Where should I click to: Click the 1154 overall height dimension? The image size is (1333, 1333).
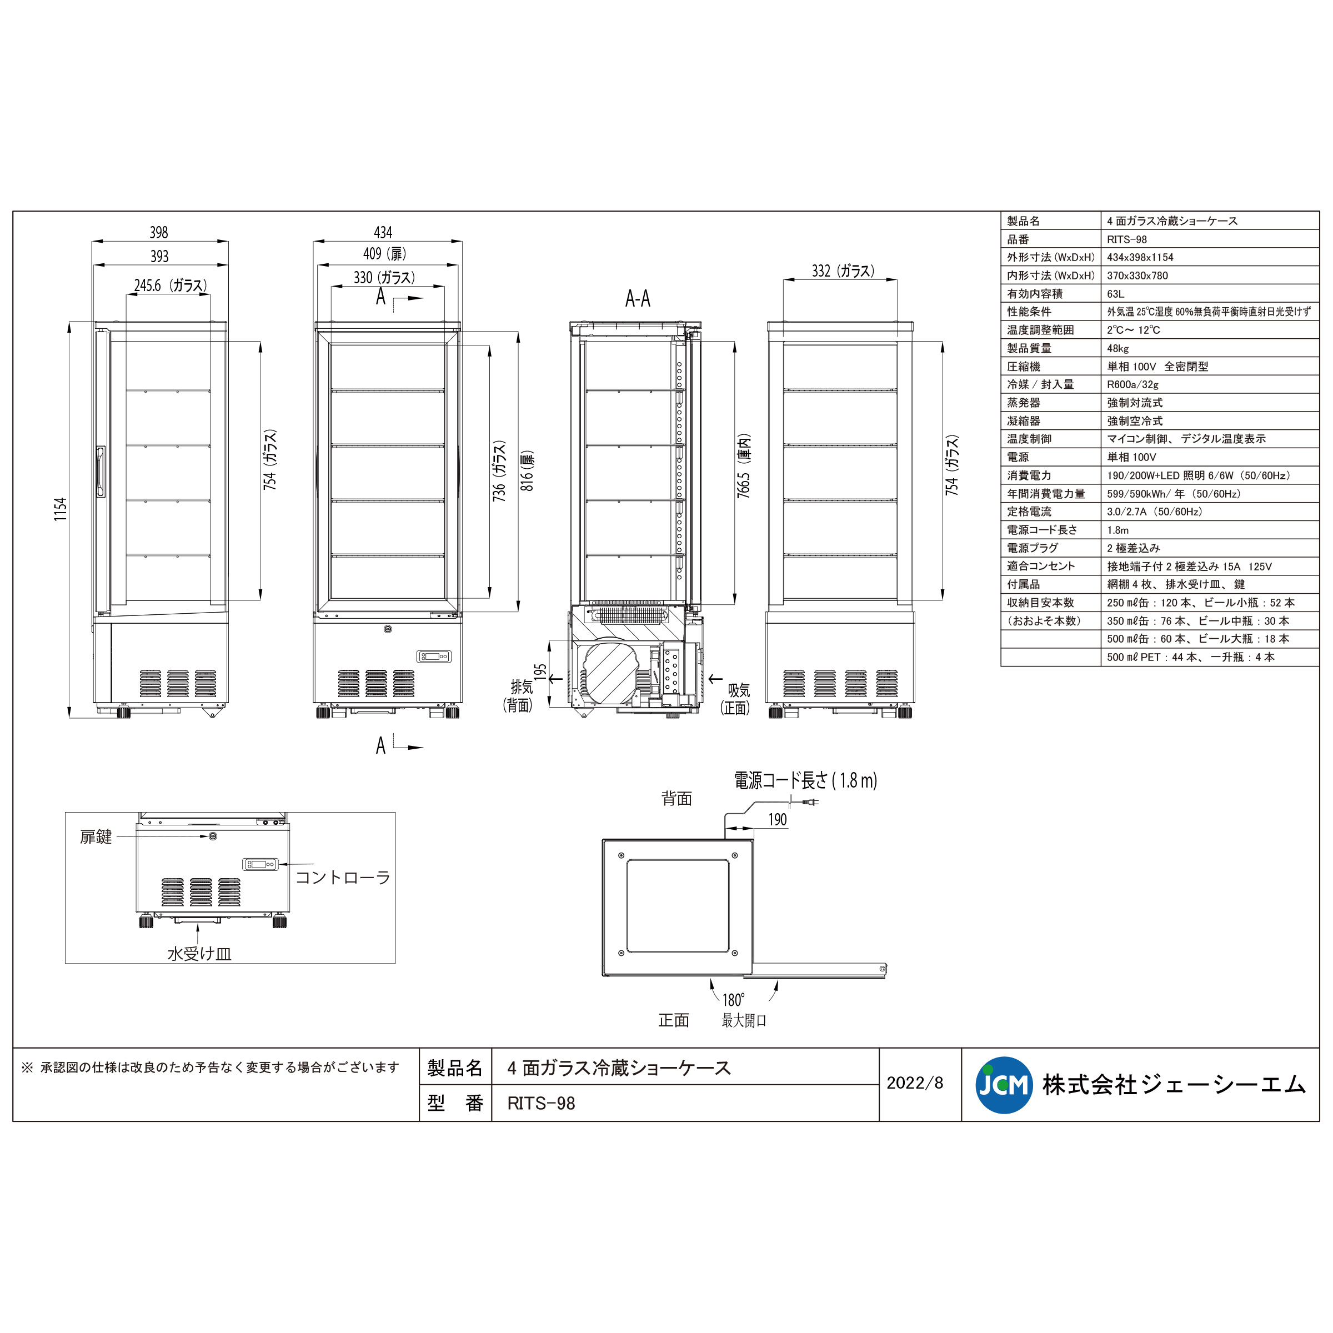(61, 509)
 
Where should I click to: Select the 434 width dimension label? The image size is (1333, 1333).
(383, 233)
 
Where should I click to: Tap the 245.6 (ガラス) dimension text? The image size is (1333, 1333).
(171, 285)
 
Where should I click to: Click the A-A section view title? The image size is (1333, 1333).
(638, 299)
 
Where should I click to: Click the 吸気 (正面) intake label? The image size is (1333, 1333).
(736, 698)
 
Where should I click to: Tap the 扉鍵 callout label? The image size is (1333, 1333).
(96, 837)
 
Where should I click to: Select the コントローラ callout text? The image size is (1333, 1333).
(343, 878)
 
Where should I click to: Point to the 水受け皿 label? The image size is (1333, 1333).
(199, 954)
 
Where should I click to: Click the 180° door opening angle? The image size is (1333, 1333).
(733, 1000)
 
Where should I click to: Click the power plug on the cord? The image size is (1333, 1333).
(810, 801)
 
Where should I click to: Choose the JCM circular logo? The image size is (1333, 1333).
(1004, 1085)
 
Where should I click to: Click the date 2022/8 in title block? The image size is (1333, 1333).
(915, 1083)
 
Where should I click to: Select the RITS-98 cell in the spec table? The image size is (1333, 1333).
(1127, 239)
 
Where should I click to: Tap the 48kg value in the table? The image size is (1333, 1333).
(1117, 348)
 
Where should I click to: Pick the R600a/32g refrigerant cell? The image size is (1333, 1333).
(1132, 385)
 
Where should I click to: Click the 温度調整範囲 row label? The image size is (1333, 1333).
(1040, 330)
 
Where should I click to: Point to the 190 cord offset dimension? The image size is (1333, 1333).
(778, 820)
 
